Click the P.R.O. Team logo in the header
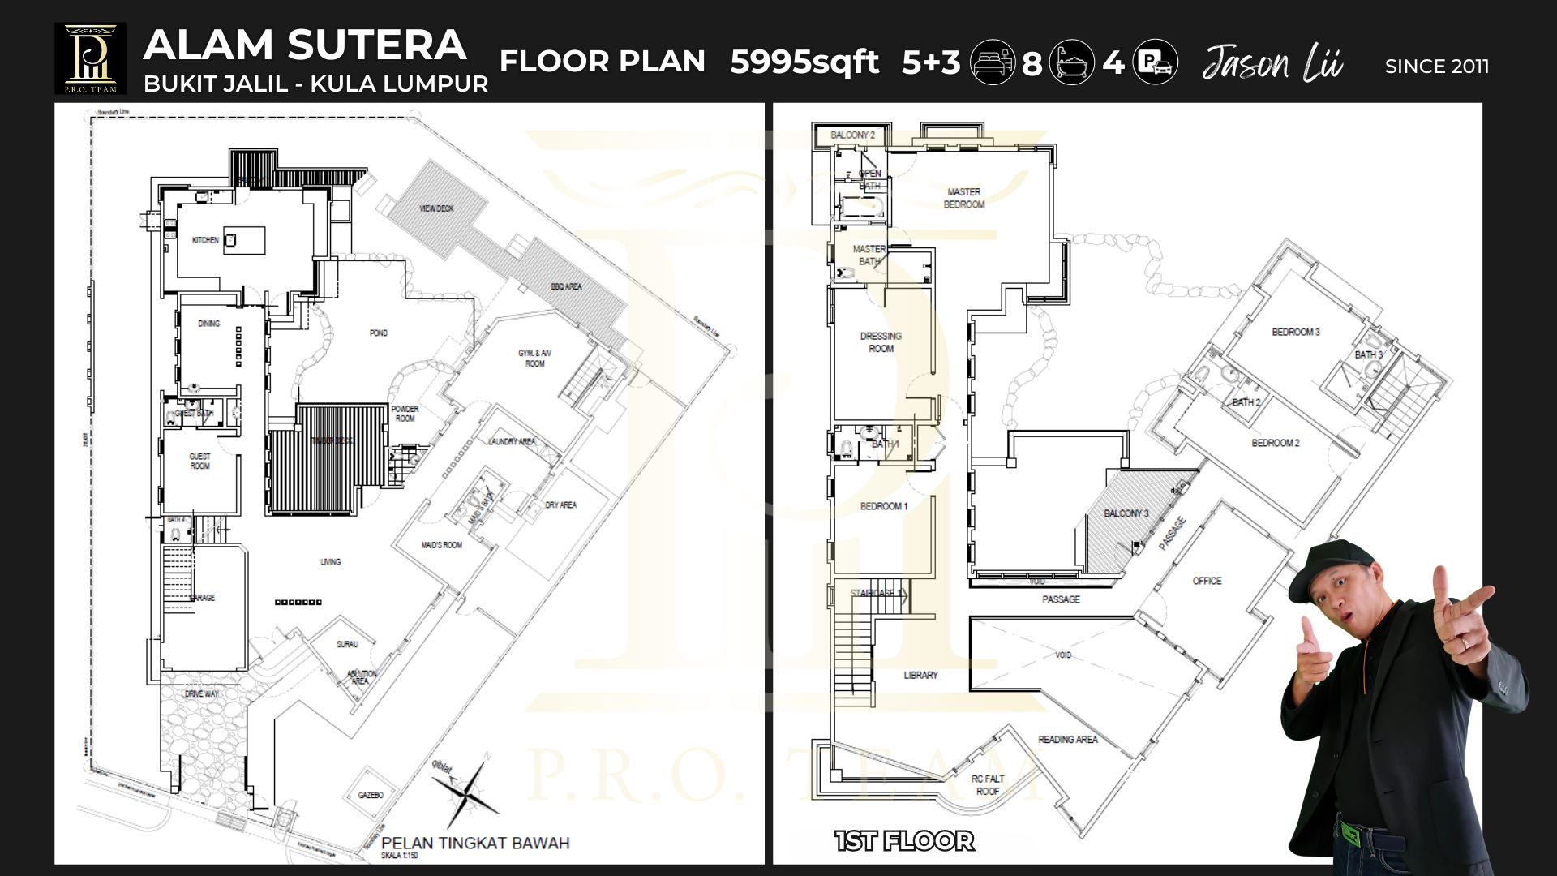pos(90,58)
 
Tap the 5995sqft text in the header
pos(804,62)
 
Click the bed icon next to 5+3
pos(993,62)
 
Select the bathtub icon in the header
pos(1071,62)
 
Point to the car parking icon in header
pos(1156,62)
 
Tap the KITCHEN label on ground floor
pos(204,240)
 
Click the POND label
pos(378,333)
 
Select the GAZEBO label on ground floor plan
pos(371,795)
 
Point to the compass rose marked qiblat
pos(465,790)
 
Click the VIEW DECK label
pos(436,208)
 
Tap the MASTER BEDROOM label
pos(963,198)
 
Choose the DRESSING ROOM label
pos(881,341)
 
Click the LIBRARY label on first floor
pos(920,675)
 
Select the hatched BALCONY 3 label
pos(1126,513)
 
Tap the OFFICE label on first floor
pos(1207,581)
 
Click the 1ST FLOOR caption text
pos(904,841)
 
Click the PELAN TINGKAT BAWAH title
pos(475,843)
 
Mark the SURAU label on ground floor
pos(347,644)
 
